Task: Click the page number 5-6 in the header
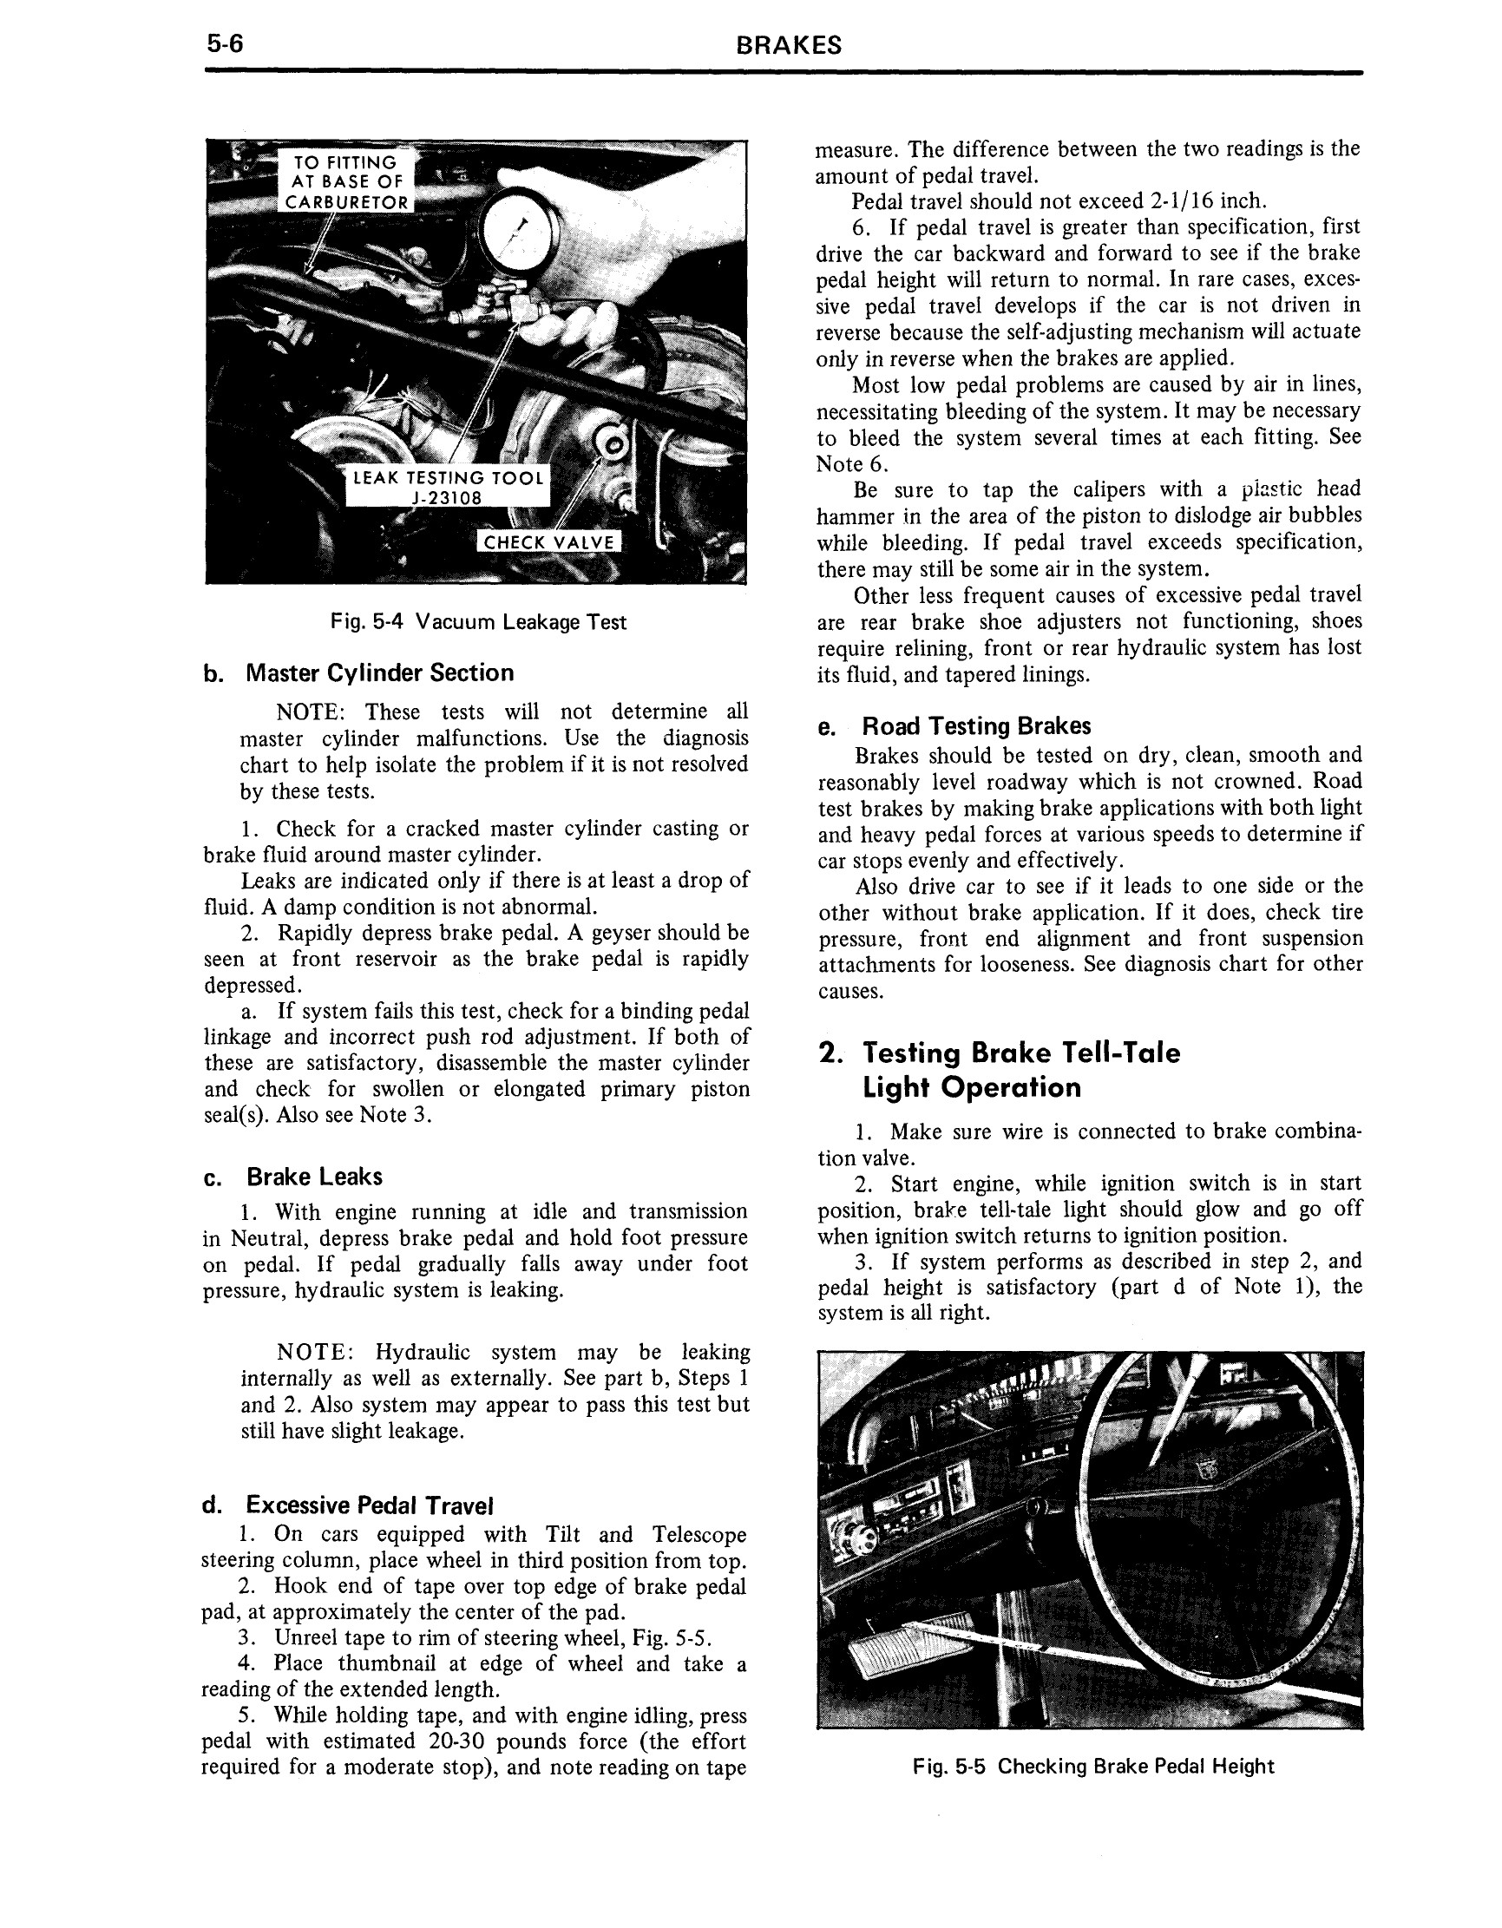pyautogui.click(x=224, y=44)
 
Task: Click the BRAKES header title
pyautogui.click(x=788, y=46)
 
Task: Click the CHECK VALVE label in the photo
pyautogui.click(x=548, y=542)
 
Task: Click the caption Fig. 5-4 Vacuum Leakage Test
pyautogui.click(x=478, y=622)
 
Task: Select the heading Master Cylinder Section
pyautogui.click(x=379, y=672)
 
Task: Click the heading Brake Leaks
pyautogui.click(x=313, y=1177)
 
